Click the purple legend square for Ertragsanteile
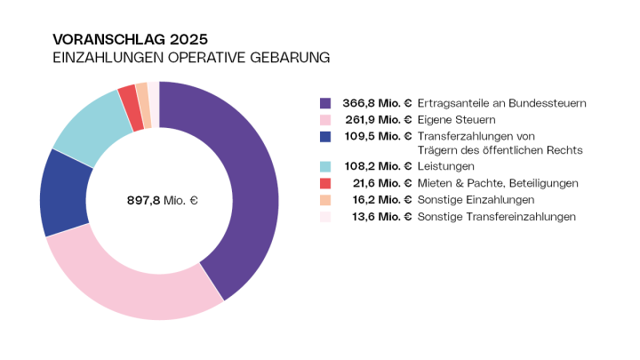tap(325, 103)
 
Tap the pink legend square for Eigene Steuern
tap(325, 119)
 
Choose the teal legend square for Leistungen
tap(325, 166)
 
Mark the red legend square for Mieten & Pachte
tap(325, 183)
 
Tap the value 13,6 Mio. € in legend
tap(380, 216)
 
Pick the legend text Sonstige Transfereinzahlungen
tap(497, 216)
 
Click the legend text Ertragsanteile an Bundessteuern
tap(502, 103)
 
